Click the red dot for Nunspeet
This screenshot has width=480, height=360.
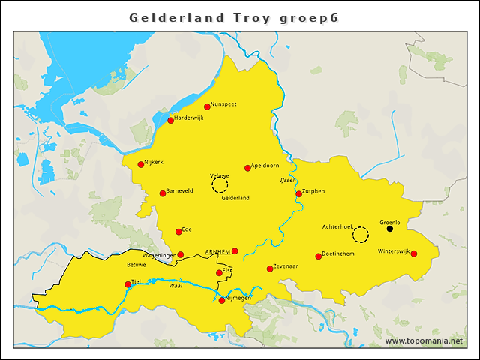207,106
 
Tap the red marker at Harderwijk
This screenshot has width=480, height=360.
170,120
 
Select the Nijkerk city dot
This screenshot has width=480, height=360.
140,164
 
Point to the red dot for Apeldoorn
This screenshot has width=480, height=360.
247,168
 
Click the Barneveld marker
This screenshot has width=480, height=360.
162,193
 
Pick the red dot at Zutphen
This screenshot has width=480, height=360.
298,193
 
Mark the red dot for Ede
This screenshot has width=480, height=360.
178,232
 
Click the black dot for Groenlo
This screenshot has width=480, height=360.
389,229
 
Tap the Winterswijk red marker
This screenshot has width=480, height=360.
413,253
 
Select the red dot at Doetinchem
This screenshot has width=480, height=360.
318,256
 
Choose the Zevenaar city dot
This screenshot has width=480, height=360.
270,268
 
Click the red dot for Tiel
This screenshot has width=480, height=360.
127,284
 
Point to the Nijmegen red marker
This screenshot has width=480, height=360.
221,300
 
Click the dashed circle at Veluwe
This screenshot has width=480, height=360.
220,185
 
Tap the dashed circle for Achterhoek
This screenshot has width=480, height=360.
361,235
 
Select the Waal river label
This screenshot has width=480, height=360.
175,285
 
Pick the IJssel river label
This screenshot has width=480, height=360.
286,181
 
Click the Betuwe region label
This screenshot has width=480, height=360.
136,265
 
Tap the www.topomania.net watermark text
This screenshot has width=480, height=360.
424,341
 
